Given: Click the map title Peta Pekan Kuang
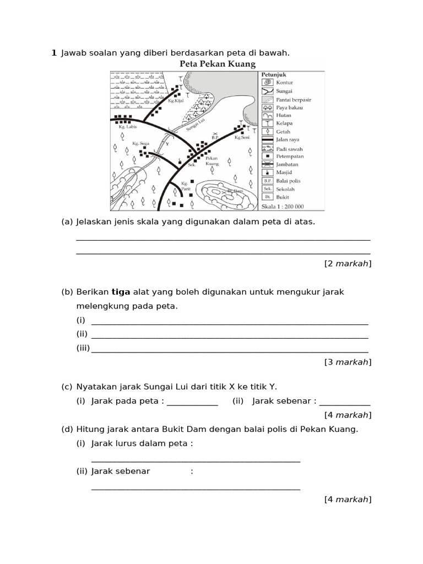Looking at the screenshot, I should point(218,64).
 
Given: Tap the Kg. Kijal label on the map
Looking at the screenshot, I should point(175,101).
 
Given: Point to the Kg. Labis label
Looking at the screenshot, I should point(127,127).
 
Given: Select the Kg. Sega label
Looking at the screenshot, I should point(140,143).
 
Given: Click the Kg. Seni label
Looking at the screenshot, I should point(242,138).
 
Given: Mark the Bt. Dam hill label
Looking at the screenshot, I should point(235,191).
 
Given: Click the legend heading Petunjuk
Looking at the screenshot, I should point(273,74).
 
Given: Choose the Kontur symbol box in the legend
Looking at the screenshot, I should point(267,83).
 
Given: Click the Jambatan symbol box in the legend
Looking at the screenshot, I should point(267,164).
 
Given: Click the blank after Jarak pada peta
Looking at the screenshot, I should point(192,402).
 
